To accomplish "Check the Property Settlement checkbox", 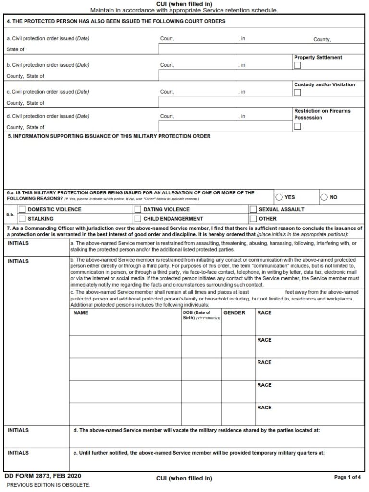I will (x=297, y=65).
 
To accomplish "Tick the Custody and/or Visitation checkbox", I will (x=297, y=92).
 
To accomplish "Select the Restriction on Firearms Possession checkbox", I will (x=297, y=126).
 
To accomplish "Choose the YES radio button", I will (x=279, y=197).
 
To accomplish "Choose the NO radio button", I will (x=324, y=197).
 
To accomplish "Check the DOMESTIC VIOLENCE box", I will (x=22, y=209).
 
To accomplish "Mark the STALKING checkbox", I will (x=22, y=218).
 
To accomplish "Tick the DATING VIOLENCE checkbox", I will (x=137, y=209).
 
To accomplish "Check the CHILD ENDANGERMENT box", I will (x=137, y=218).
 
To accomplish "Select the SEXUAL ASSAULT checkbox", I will (x=253, y=209).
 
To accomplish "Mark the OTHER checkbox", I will (x=253, y=218).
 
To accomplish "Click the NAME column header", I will (x=81, y=313).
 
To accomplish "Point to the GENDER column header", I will (x=234, y=313).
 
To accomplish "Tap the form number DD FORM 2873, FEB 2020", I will (x=43, y=476).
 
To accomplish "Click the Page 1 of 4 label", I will (x=347, y=477).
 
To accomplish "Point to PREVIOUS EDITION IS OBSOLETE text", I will (x=49, y=485).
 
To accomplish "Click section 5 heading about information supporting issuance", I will (x=109, y=136).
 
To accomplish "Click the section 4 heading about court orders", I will (x=116, y=22).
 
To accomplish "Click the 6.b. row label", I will (x=10, y=214).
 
